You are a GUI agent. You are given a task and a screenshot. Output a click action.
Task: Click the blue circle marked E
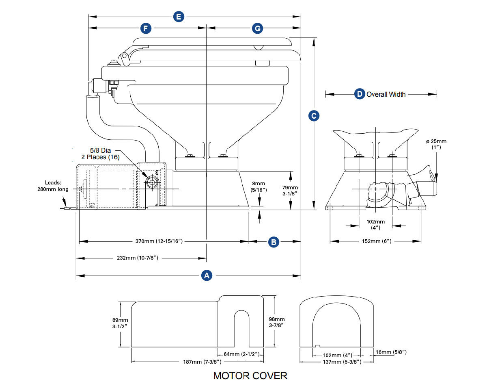click(x=179, y=17)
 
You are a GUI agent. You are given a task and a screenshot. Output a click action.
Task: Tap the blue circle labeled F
click(x=146, y=28)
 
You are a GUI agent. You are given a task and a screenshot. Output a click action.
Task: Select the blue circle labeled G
click(x=258, y=28)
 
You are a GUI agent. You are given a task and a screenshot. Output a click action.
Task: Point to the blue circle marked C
click(x=314, y=116)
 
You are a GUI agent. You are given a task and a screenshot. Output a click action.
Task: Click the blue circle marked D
click(x=360, y=94)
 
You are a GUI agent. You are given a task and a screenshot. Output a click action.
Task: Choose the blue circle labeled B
click(x=274, y=242)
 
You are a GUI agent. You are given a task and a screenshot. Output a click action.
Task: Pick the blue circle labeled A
click(x=207, y=275)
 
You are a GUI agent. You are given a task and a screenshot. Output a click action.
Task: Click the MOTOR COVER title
click(x=250, y=376)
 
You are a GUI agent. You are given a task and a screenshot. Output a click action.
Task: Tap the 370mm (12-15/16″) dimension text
click(x=159, y=241)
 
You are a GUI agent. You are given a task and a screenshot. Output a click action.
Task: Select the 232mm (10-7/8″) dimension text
click(x=137, y=258)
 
